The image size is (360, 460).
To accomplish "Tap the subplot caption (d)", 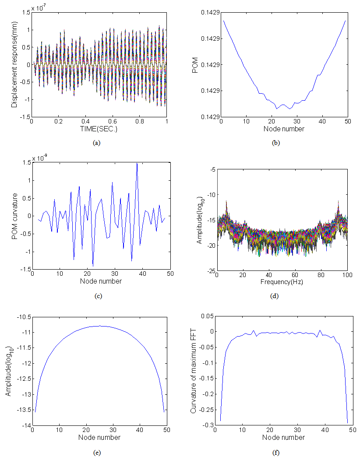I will (275, 296).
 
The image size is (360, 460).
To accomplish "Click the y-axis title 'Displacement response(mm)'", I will (15, 64).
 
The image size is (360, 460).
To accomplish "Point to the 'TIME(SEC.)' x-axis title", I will (99, 130).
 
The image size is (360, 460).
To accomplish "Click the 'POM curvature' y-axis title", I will (15, 216).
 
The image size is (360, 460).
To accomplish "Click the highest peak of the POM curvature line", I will (137, 163).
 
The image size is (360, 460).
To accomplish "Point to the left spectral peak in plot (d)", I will (226, 201).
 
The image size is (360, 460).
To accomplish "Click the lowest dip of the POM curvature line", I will (93, 266).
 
